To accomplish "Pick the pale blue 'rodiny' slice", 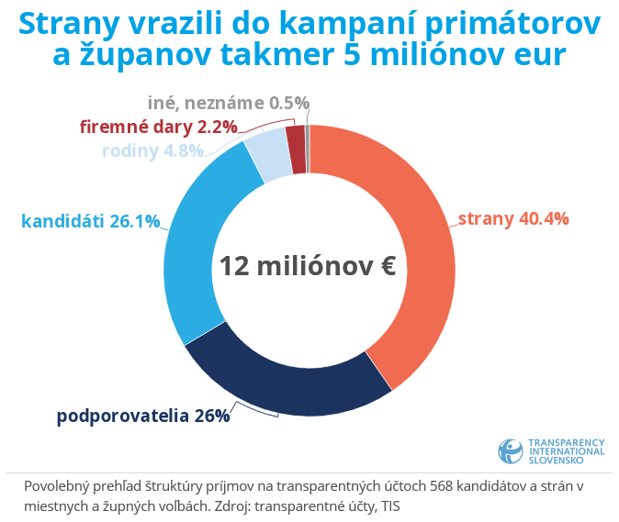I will click(x=268, y=159).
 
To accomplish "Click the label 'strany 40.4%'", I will click(x=513, y=218).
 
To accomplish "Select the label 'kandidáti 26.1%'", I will click(x=90, y=221).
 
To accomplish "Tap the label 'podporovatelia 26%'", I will click(x=143, y=416).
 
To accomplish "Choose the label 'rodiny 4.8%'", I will click(x=152, y=151).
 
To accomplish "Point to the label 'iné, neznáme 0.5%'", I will click(x=229, y=103).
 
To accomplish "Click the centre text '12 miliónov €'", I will click(x=308, y=266).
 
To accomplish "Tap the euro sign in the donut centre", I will click(x=386, y=266).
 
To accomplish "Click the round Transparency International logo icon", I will click(x=511, y=450).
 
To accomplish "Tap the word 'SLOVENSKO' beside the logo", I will click(x=556, y=461).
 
